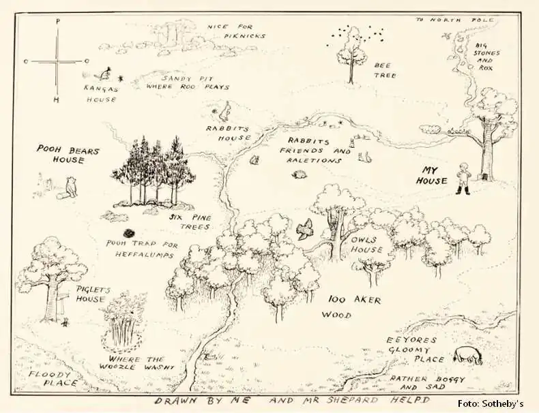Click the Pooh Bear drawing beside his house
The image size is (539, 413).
coord(71,186)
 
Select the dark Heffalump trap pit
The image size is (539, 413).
coord(129,232)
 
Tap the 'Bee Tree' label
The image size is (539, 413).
coord(384,70)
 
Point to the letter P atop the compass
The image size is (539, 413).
coord(57,22)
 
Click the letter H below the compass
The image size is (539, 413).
coord(57,101)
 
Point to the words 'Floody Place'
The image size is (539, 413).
coord(48,378)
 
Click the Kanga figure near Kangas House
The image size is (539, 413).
coord(106,73)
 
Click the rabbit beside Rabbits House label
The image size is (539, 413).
coord(224,110)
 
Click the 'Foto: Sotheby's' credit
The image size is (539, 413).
coord(490,402)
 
